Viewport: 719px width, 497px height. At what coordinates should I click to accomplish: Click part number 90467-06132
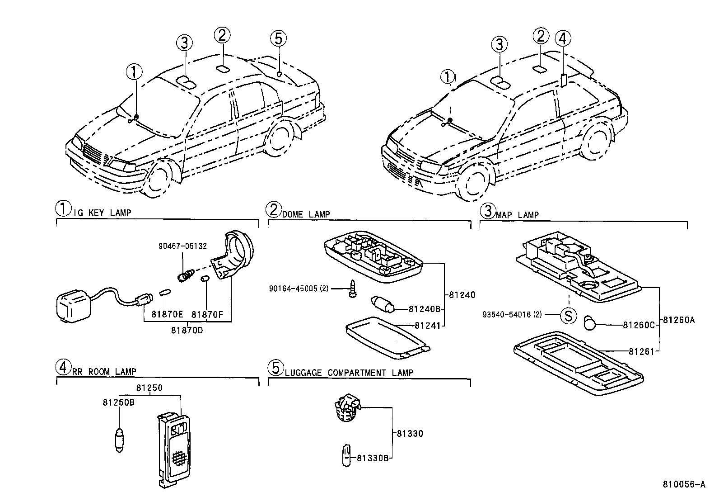click(182, 246)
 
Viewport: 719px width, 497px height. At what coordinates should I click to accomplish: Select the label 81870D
click(187, 330)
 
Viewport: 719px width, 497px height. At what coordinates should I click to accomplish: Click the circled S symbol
click(569, 315)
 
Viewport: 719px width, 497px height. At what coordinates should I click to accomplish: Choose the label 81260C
click(639, 324)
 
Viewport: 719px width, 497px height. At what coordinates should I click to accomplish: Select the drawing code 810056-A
click(683, 484)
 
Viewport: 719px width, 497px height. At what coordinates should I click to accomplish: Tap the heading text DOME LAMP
click(306, 214)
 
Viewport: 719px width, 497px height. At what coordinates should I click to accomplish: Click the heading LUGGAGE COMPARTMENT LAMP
click(349, 373)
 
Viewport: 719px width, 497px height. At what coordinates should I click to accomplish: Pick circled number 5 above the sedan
click(279, 39)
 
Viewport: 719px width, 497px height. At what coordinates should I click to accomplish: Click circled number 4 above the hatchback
click(562, 39)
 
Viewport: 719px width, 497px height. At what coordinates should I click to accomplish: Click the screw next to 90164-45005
click(352, 289)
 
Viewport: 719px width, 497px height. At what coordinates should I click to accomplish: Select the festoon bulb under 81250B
click(119, 441)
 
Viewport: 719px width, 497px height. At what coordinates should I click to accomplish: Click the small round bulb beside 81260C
click(590, 323)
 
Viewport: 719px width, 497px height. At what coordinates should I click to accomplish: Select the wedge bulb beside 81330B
click(347, 455)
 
